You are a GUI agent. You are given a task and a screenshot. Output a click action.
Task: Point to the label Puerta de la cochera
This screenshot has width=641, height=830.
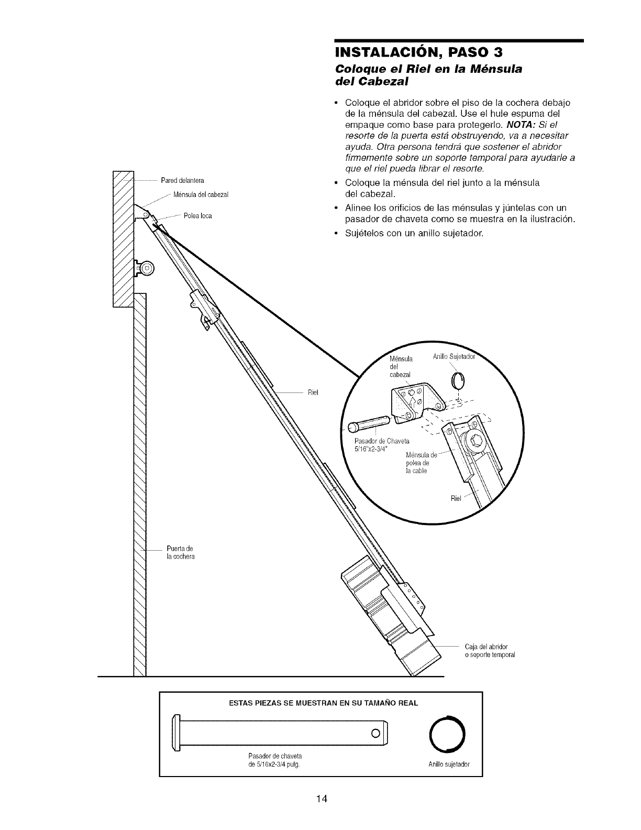pyautogui.click(x=180, y=552)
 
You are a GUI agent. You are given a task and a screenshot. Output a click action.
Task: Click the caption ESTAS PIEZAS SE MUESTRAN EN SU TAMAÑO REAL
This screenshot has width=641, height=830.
pyautogui.click(x=319, y=703)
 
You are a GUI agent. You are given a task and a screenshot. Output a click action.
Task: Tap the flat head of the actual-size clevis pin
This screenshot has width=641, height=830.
pyautogui.click(x=176, y=732)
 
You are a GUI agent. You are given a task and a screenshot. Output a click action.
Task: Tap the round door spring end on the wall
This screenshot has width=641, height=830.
pyautogui.click(x=147, y=268)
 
